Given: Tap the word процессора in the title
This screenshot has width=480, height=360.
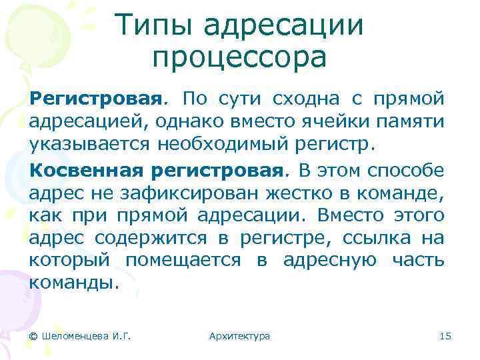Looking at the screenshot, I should click(x=239, y=58).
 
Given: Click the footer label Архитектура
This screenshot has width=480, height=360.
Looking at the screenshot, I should click(x=239, y=336).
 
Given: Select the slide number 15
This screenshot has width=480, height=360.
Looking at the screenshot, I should click(x=445, y=336).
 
